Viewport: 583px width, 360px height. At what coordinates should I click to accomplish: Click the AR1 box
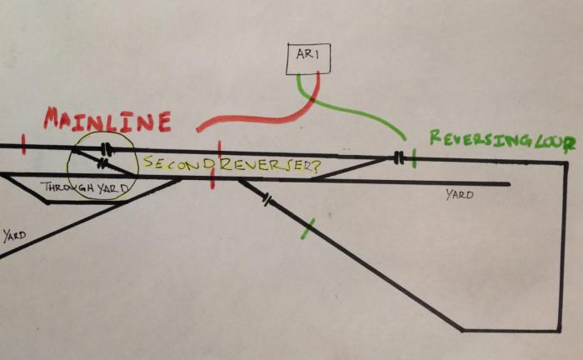click(307, 57)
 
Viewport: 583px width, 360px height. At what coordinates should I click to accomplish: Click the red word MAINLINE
click(107, 121)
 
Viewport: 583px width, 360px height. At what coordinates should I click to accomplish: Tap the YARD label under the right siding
click(459, 195)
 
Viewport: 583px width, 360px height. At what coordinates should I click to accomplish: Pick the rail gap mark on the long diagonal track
click(267, 200)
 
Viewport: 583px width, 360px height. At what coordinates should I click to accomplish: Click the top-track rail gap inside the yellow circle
click(107, 150)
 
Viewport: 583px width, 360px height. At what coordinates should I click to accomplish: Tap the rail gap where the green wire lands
click(401, 157)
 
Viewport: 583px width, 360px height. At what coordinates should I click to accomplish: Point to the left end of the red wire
click(199, 129)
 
